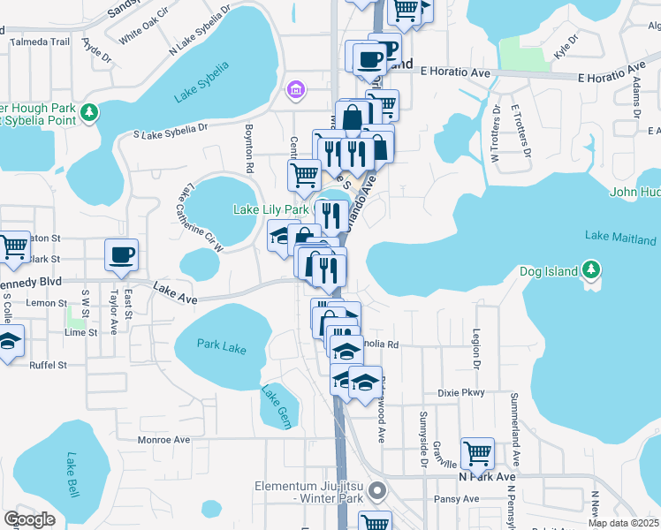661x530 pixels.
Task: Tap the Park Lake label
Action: click(x=221, y=347)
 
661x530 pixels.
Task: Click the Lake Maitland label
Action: click(x=620, y=238)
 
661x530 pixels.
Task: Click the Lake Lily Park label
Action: click(x=270, y=210)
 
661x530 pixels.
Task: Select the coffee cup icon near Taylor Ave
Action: click(x=122, y=255)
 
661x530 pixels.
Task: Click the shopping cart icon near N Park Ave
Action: click(x=477, y=453)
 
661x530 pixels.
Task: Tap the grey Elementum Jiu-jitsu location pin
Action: click(x=377, y=489)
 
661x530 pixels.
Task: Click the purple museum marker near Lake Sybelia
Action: click(x=295, y=89)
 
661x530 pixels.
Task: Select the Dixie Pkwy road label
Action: click(x=461, y=392)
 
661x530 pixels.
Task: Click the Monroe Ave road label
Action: click(x=163, y=440)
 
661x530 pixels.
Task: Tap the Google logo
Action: click(x=29, y=519)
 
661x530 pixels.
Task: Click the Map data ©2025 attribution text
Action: click(x=622, y=523)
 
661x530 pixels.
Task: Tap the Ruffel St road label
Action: click(x=49, y=363)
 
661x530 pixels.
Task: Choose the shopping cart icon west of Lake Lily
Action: click(x=304, y=174)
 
